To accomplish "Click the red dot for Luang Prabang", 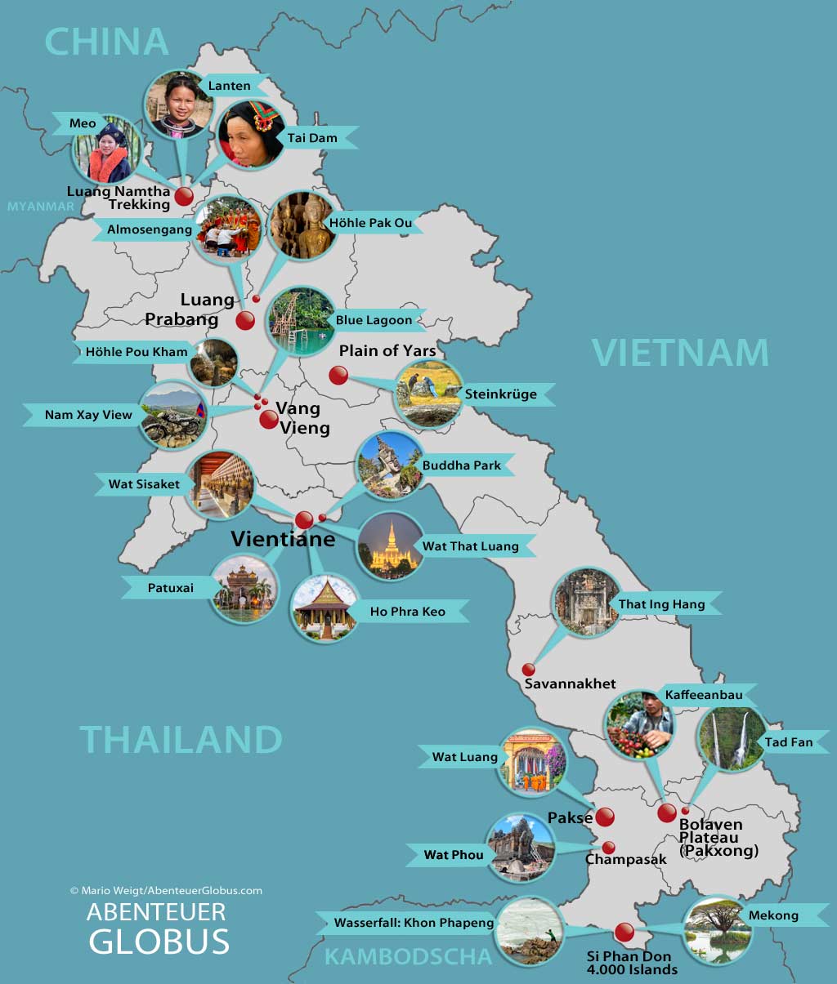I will pos(245,320).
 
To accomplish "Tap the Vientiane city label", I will pos(283,539).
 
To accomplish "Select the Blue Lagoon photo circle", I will pos(299,322).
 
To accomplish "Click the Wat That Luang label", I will pos(470,546).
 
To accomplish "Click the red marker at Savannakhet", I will pos(529,670).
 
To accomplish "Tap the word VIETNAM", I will pos(680,353).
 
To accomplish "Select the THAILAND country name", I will pos(181,740).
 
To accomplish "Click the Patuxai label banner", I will pos(171,588).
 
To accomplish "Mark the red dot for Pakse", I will pos(605,817).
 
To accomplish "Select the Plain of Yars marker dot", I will pos(338,376).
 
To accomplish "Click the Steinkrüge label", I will pos(500,394).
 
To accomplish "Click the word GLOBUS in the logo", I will pos(159,942).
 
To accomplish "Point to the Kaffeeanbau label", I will pos(703,695).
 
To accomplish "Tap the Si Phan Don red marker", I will pos(624,932).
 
